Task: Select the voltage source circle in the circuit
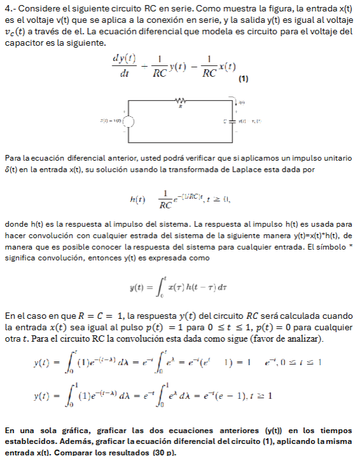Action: pyautogui.click(x=128, y=120)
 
